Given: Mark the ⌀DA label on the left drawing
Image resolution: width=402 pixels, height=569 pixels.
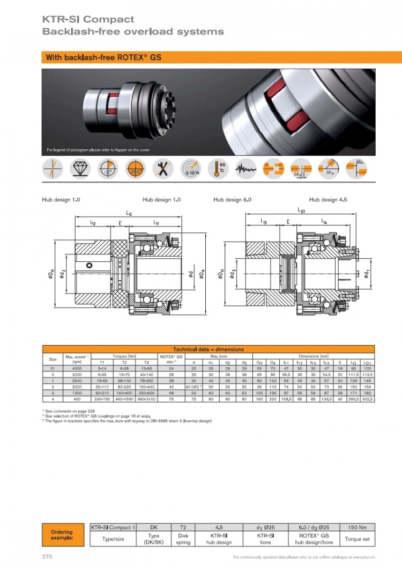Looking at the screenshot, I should point(202,274).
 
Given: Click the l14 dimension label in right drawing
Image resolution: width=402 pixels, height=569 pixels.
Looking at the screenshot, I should point(324,221).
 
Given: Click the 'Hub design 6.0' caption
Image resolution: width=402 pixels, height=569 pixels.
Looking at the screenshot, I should point(232,200).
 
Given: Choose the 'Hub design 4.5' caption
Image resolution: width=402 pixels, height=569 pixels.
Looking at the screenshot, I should point(328,200).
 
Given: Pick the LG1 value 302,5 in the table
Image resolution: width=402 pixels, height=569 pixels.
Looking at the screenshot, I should point(368,399).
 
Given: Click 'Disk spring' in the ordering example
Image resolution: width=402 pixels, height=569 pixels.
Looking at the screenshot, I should point(183,538).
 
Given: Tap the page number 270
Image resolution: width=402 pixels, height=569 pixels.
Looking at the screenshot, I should point(47,557).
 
